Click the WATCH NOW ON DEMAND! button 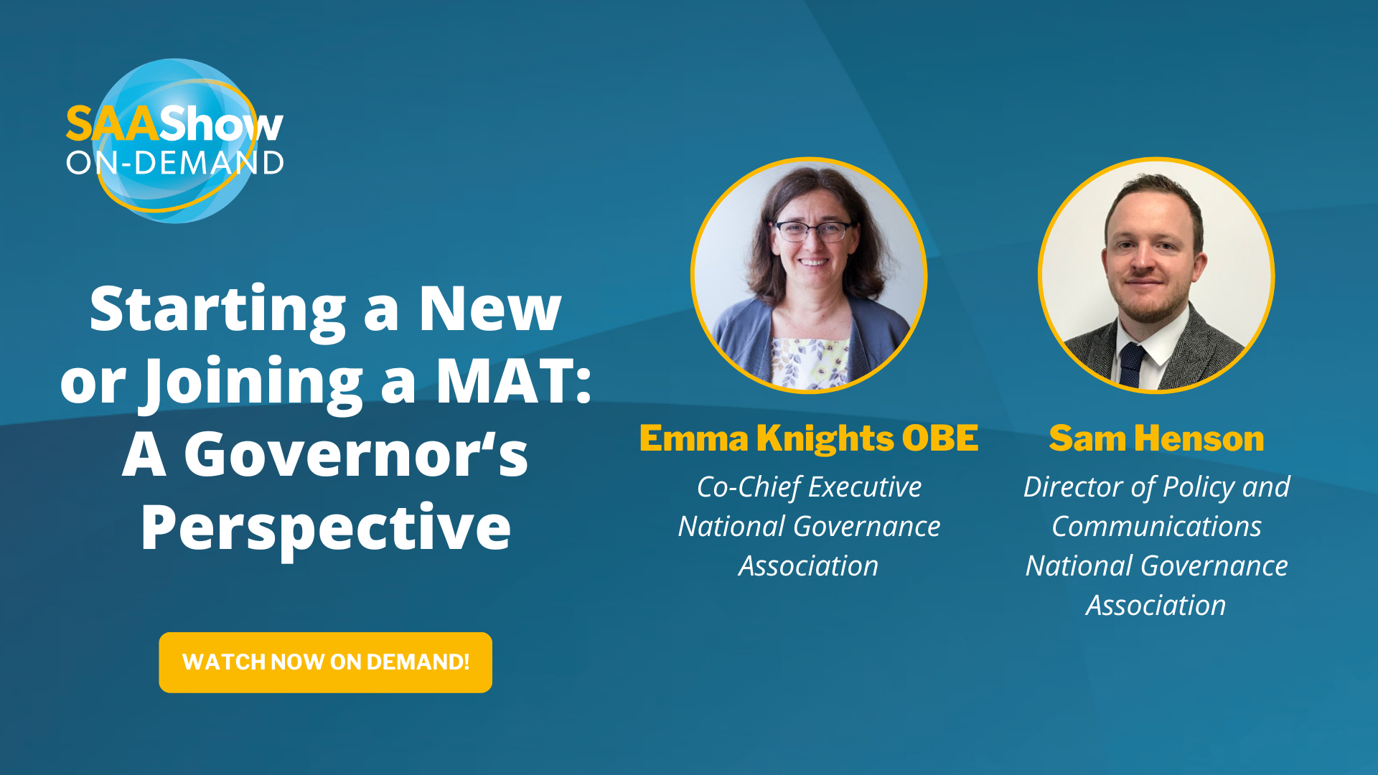click(325, 662)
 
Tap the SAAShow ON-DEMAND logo click(174, 141)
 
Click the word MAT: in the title click(513, 381)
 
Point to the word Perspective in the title click(325, 529)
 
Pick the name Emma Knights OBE click(809, 438)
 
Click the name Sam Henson click(1156, 438)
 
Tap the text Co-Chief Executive click(809, 487)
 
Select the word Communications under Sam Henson click(1156, 527)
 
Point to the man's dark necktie click(1132, 365)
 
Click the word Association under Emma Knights click(809, 566)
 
